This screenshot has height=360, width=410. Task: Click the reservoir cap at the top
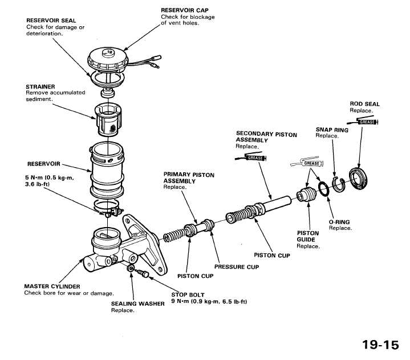tap(108, 60)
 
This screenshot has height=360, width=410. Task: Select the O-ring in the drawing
tap(324, 189)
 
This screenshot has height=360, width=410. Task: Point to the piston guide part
tap(306, 195)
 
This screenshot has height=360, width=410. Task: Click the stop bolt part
tap(143, 273)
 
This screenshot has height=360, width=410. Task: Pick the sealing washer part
tap(131, 268)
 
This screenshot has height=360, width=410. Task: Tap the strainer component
tap(108, 120)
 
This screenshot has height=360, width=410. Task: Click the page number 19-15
tap(381, 345)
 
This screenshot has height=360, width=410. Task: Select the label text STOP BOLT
tap(188, 295)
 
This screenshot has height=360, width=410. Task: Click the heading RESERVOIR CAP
tap(185, 10)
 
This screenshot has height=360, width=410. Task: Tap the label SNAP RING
tap(332, 130)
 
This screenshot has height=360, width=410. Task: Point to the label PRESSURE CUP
tap(237, 267)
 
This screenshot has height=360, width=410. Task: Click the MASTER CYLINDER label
tap(52, 286)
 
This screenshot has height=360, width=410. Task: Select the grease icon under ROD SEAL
tap(363, 122)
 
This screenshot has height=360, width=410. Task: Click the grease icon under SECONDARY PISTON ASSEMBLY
tap(251, 157)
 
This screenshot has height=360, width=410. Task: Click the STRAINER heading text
tap(40, 87)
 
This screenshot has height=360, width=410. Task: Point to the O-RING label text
tap(339, 222)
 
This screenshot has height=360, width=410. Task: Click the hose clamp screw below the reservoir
tap(107, 215)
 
